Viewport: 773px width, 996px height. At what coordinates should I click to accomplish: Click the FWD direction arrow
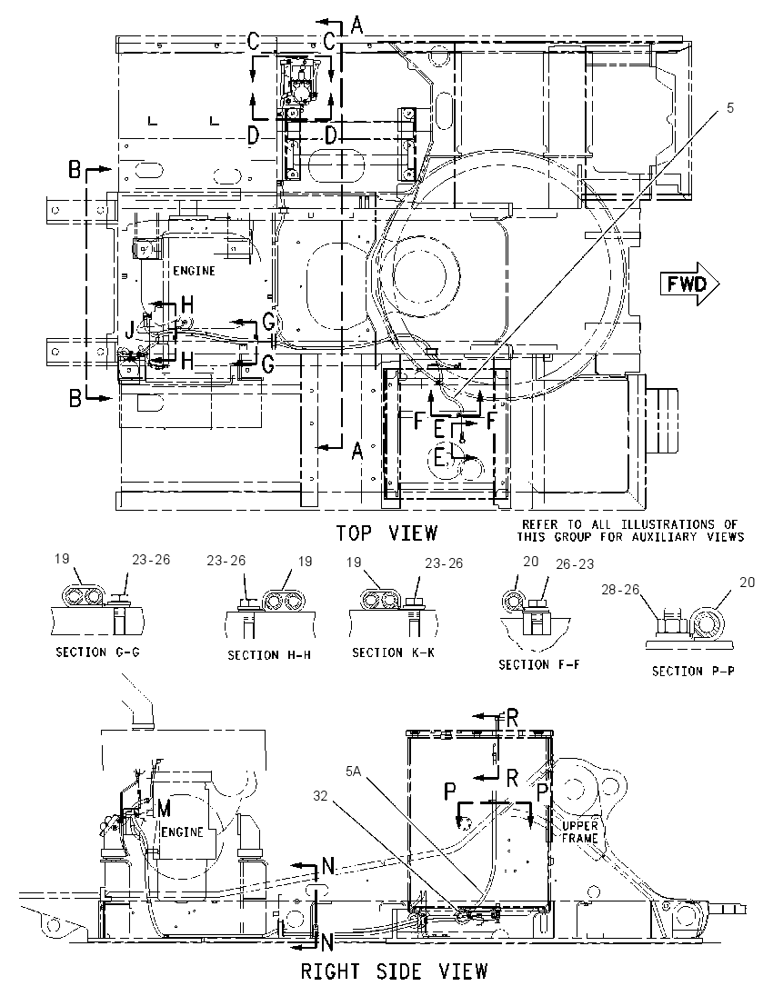coord(689,284)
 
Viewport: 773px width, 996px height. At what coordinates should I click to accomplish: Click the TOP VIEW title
coord(387,533)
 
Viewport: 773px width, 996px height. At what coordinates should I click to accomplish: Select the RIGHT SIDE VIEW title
coord(394,971)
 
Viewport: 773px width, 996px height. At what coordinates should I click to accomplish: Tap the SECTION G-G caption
coord(98,652)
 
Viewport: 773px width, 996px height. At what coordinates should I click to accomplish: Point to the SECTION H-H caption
coord(269,655)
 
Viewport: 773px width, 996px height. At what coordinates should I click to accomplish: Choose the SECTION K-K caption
coord(394,652)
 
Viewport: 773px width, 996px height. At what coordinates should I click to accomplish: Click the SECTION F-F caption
coord(539,664)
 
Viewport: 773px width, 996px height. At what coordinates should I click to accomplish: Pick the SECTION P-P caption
coord(694,671)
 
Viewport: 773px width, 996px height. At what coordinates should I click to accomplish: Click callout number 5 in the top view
coord(730,108)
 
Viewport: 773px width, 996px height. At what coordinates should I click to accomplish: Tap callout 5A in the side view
coord(354,772)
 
